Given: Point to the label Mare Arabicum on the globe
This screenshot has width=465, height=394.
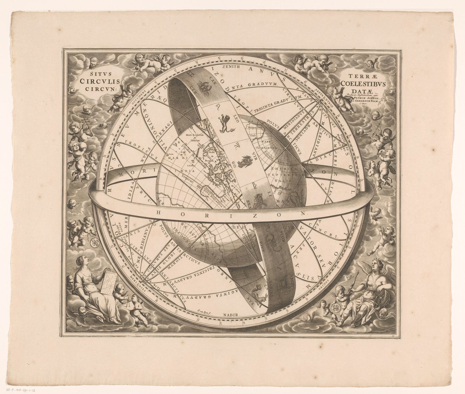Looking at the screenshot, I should (196, 136).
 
